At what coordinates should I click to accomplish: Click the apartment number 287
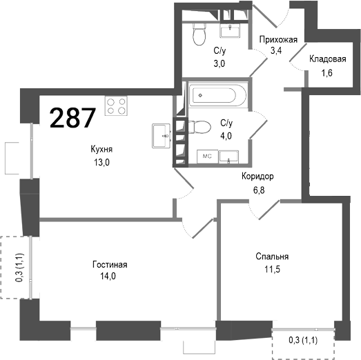click(x=72, y=118)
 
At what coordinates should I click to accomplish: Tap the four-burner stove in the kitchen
click(x=116, y=106)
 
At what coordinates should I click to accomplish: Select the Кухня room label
click(x=101, y=150)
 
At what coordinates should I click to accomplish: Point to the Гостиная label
click(x=110, y=264)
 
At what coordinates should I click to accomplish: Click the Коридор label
click(x=257, y=176)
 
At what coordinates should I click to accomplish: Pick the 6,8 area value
click(x=257, y=188)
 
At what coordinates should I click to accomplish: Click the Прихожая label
click(x=278, y=39)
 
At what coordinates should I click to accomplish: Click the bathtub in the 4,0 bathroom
click(x=214, y=94)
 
